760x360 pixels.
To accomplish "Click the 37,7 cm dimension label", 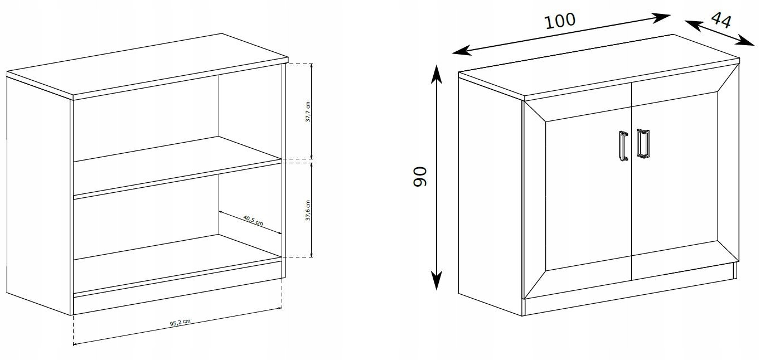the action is (308, 111).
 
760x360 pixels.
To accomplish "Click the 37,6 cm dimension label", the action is (308, 210).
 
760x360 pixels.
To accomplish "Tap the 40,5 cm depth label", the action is (253, 220).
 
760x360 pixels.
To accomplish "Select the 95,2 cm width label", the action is (180, 323).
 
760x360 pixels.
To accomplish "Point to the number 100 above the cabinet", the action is (560, 21).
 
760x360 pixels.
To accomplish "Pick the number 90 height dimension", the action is (420, 176).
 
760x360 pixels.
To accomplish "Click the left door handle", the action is (623, 146).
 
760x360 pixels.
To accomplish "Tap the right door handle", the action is (643, 143).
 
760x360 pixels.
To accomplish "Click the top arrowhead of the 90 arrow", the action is (437, 74).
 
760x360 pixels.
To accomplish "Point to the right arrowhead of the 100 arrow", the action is (660, 18).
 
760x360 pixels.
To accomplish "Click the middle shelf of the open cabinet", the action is (177, 167).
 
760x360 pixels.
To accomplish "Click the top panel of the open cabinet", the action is (148, 66).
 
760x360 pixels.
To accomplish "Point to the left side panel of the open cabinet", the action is (38, 195).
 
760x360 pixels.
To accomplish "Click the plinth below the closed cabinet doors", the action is (631, 290).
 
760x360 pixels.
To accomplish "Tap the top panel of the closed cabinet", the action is (599, 67).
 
